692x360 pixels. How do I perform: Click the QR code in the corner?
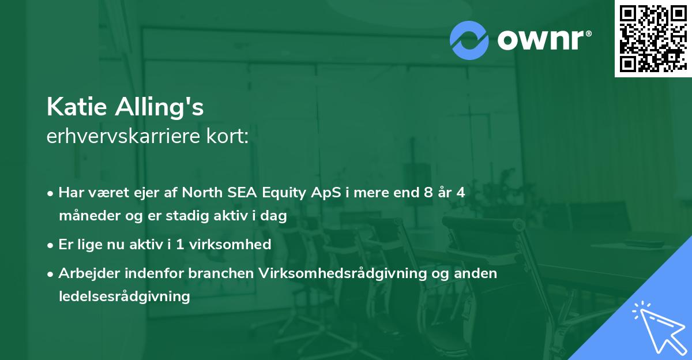coord(653,39)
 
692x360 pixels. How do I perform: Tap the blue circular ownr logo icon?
coord(469,40)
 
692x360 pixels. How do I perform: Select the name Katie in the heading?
coord(77,107)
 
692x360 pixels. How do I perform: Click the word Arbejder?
coord(85,273)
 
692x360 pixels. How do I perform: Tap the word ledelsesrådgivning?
coord(124,297)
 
